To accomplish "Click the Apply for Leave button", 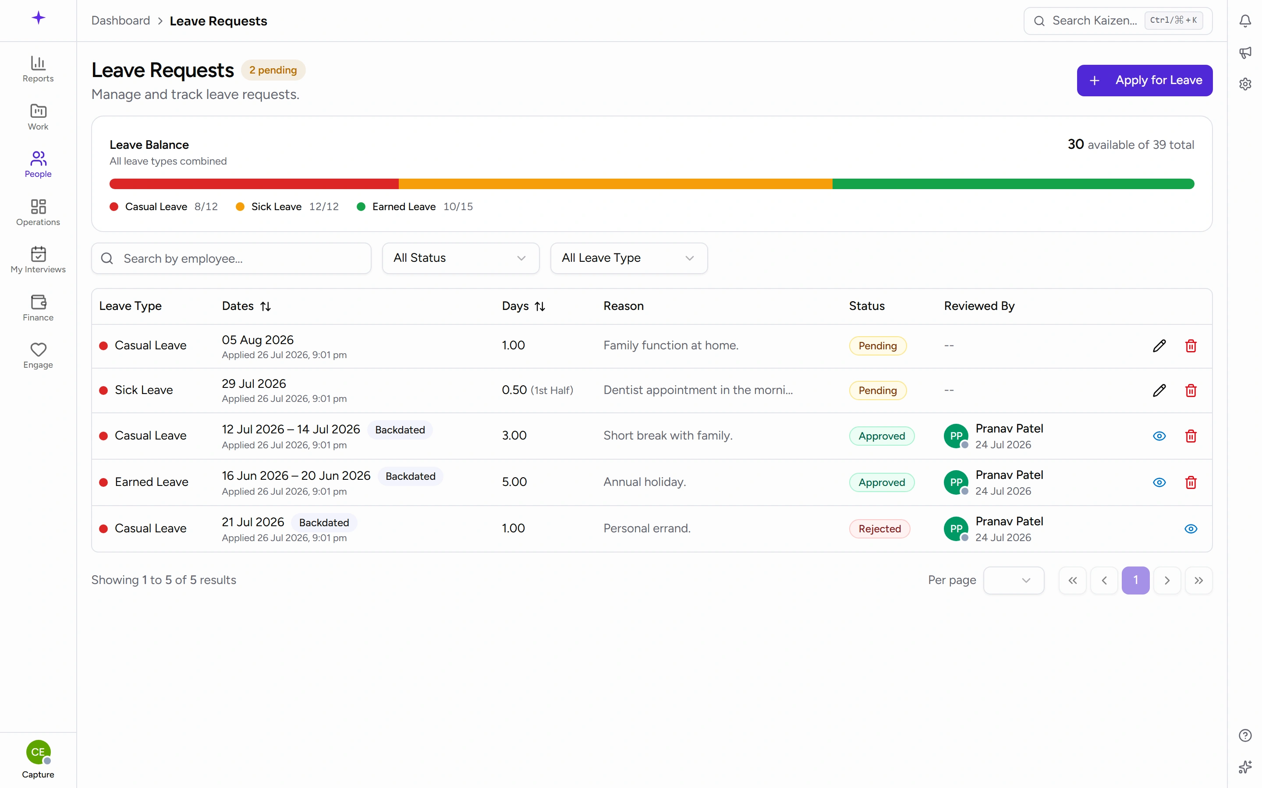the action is (1144, 80).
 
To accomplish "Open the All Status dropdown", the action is (461, 258).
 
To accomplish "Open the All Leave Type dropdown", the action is (629, 258).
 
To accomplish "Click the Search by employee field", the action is (231, 258).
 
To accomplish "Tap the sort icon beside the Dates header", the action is (266, 306).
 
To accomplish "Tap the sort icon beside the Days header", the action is (540, 306).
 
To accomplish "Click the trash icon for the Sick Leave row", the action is (1191, 390).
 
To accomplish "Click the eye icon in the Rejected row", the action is (1191, 528).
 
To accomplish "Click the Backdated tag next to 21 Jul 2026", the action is (324, 523).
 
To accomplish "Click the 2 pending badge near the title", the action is (273, 70).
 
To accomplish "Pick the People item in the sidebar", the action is (38, 164).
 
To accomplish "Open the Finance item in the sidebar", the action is (38, 307).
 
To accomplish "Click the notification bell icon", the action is (1245, 21).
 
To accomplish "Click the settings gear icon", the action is (1245, 84).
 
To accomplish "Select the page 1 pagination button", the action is (1135, 580).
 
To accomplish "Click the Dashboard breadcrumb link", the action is (121, 21).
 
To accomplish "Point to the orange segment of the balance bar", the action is (615, 183).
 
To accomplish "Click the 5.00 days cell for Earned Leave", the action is (514, 482).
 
